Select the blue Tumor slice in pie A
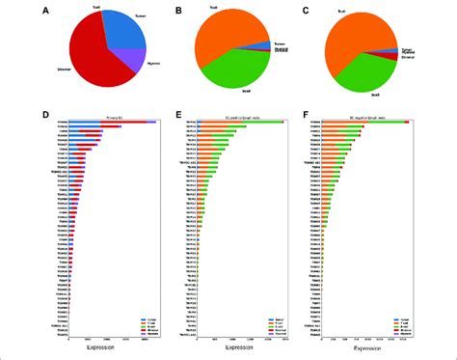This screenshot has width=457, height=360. (x=122, y=34)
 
